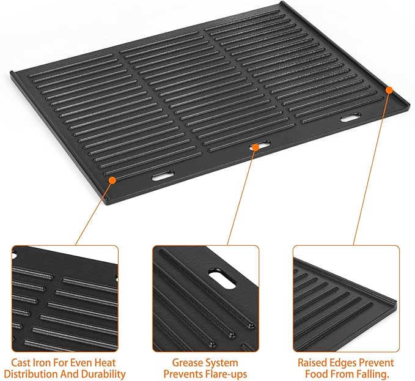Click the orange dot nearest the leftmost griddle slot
click(112, 180)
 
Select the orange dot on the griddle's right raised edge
click(390, 91)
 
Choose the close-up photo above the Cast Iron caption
click(64, 298)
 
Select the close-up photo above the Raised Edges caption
click(346, 298)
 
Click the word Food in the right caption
click(317, 374)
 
